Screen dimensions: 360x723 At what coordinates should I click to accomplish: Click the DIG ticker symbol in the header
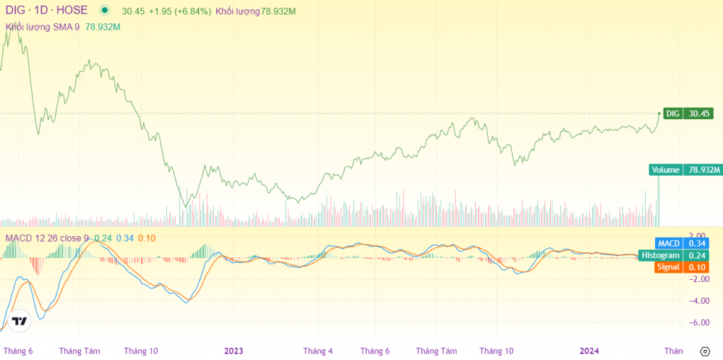pyautogui.click(x=16, y=11)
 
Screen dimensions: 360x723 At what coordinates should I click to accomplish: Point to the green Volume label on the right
pyautogui.click(x=665, y=170)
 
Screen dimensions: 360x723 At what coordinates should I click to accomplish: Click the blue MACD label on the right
pyautogui.click(x=667, y=244)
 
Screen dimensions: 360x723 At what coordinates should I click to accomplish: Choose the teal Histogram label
pyautogui.click(x=659, y=255)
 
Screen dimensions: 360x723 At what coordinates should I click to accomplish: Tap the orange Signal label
pyautogui.click(x=667, y=267)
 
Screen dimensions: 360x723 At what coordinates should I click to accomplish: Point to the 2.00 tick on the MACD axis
pyautogui.click(x=697, y=236)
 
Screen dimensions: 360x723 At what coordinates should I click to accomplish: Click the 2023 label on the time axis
pyautogui.click(x=234, y=351)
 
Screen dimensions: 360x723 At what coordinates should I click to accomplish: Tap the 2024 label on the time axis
pyautogui.click(x=590, y=351)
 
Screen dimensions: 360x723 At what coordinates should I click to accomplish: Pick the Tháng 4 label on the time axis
pyautogui.click(x=318, y=351)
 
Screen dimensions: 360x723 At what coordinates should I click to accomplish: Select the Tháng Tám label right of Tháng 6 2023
pyautogui.click(x=437, y=351)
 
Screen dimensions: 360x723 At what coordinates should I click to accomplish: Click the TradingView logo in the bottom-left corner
pyautogui.click(x=20, y=321)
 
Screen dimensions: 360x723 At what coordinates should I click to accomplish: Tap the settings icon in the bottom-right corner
pyautogui.click(x=705, y=351)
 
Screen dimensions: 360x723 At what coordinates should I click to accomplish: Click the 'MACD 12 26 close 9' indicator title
pyautogui.click(x=47, y=239)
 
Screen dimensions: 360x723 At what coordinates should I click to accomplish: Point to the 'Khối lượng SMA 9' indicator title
pyautogui.click(x=42, y=27)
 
